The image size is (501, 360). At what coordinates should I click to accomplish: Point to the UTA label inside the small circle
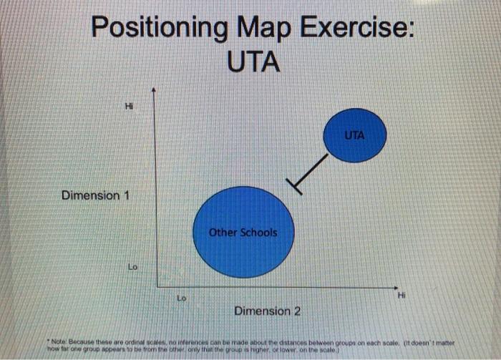[x=354, y=135]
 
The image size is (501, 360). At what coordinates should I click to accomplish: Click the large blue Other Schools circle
[x=243, y=233]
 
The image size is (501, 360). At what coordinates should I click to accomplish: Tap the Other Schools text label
[x=243, y=233]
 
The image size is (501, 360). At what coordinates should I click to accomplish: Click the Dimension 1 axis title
[x=94, y=195]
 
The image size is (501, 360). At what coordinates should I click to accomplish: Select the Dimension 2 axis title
[x=267, y=311]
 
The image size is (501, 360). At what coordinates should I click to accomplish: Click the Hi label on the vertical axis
[x=129, y=106]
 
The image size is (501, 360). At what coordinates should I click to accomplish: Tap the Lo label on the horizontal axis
[x=182, y=295]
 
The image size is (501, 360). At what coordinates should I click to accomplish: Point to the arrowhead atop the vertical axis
[x=152, y=91]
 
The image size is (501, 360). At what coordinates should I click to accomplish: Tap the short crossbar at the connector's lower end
[x=295, y=186]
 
